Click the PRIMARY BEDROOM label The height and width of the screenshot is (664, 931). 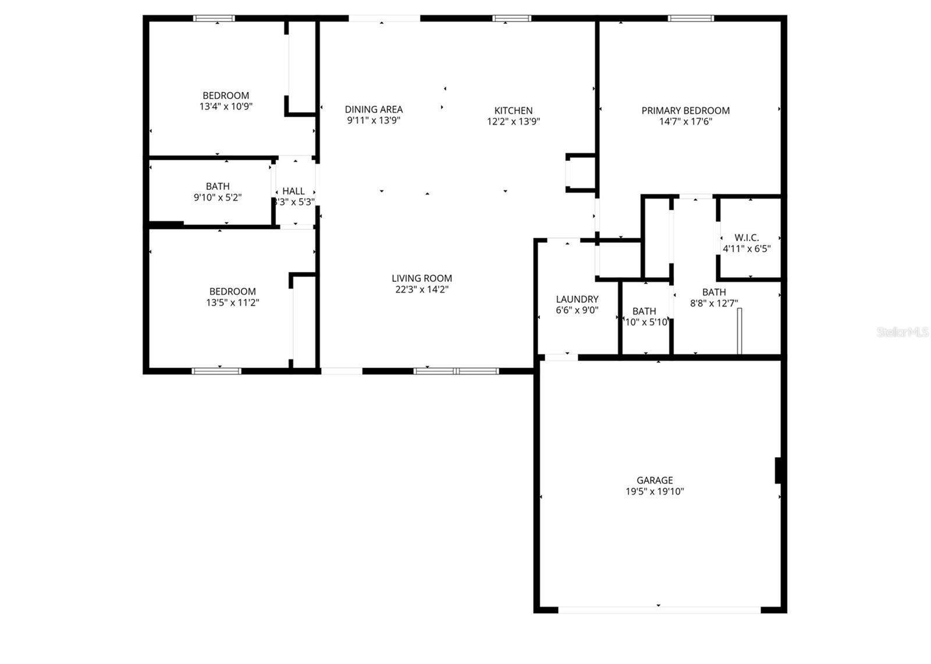[x=685, y=111]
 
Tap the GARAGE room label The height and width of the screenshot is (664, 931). [x=655, y=481]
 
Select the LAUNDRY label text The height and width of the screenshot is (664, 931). [x=577, y=299]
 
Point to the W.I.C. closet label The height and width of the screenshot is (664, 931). [x=747, y=238]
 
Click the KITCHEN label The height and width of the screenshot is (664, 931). [x=513, y=111]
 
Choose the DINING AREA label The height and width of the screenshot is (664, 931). [x=374, y=110]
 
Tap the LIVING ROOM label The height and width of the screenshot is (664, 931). [x=421, y=278]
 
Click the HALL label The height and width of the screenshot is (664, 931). [x=293, y=191]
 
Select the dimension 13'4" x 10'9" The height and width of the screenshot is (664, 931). [x=226, y=107]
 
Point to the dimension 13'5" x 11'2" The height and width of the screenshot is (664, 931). [x=232, y=303]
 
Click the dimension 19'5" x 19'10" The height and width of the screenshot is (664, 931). [x=655, y=492]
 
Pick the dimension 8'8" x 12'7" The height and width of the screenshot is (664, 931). [x=714, y=303]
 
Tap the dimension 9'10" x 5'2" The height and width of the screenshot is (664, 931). [x=218, y=197]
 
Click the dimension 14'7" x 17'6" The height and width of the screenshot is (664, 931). [x=685, y=122]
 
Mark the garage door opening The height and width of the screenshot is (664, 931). [x=659, y=610]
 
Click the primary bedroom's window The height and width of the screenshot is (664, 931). [x=691, y=19]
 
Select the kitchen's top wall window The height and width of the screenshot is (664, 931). [x=511, y=19]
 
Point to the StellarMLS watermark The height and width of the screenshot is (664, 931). [x=902, y=333]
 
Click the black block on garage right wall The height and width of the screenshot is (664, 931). [x=778, y=471]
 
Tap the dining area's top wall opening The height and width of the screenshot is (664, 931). [x=384, y=19]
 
